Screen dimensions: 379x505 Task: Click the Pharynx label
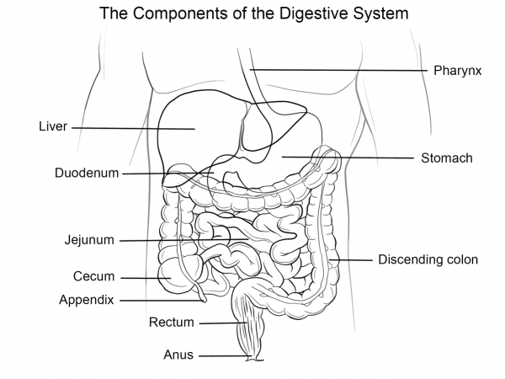457,71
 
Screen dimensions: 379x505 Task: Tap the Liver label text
52,127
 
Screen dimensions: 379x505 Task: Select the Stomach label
447,157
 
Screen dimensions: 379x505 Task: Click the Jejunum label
88,239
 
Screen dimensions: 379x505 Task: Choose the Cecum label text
93,276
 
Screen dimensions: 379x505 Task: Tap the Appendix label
87,299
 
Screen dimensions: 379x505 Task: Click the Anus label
178,355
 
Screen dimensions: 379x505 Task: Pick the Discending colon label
428,259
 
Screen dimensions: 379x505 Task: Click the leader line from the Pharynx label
337,69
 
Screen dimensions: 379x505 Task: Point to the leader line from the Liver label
135,128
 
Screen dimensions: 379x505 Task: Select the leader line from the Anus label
223,355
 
